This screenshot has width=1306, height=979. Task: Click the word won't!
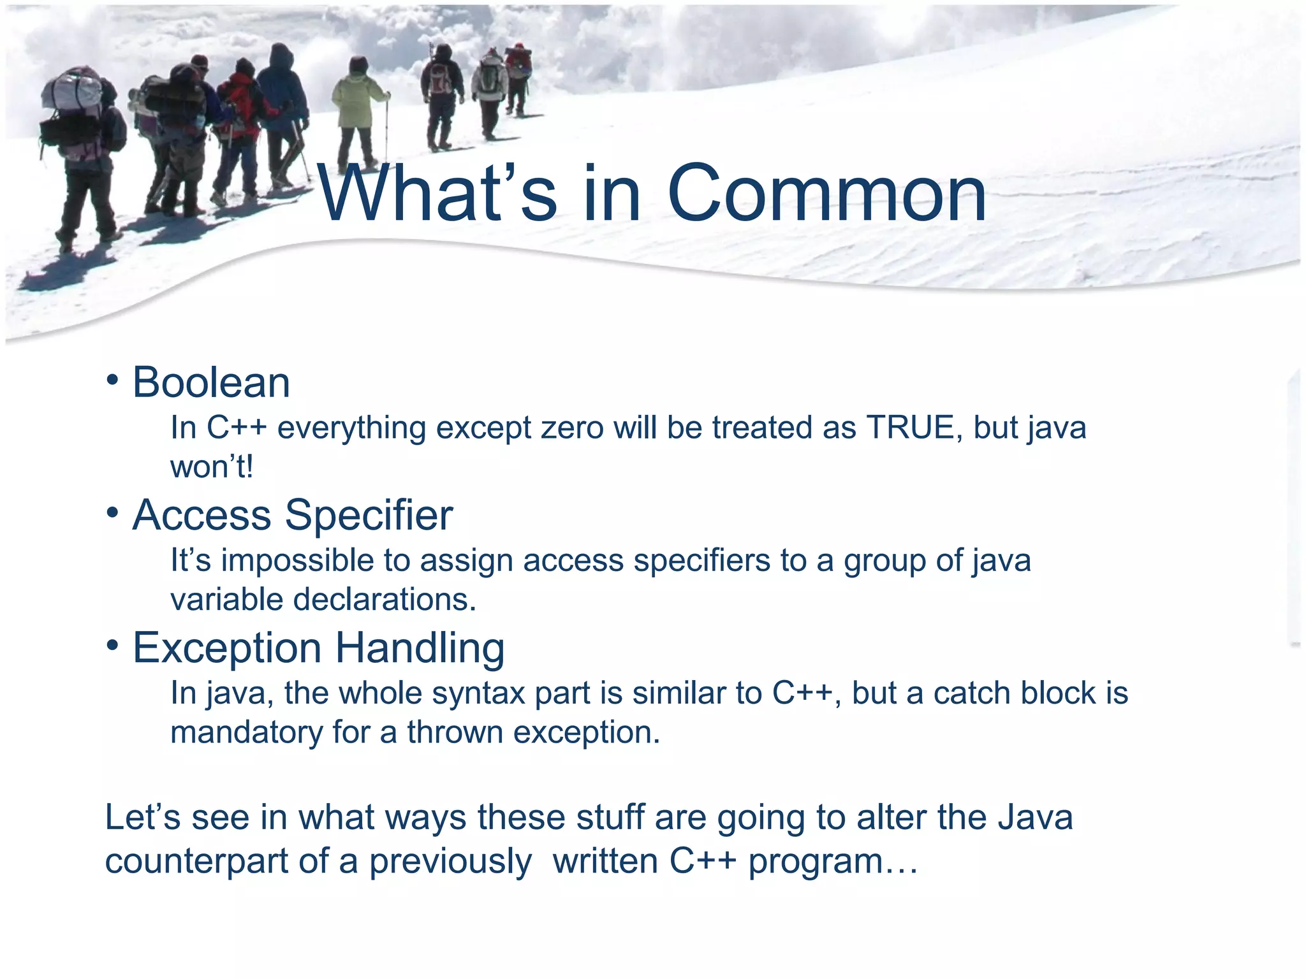[212, 467]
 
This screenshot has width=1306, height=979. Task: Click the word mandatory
[246, 732]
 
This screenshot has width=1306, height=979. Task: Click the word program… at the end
[833, 862]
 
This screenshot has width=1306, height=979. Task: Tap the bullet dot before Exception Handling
[113, 646]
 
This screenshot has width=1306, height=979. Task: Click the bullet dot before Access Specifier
[113, 513]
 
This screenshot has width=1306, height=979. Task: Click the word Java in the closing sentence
[1035, 817]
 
